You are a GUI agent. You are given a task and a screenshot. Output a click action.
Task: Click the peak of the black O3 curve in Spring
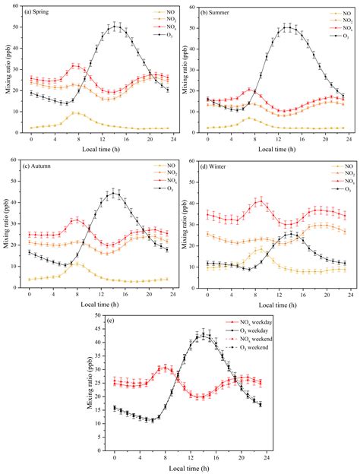[115, 26]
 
